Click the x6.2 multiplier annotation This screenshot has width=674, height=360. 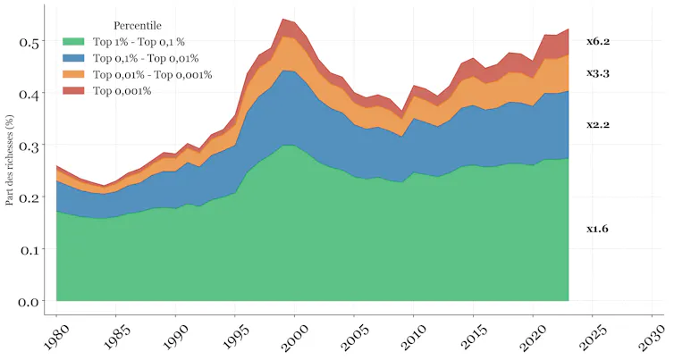598,42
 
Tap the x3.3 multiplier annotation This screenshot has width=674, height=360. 598,73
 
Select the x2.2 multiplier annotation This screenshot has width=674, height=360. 598,125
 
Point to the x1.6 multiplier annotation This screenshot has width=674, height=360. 597,229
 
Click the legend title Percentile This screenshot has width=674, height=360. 138,26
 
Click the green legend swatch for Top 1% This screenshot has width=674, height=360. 73,42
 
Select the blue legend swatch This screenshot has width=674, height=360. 73,58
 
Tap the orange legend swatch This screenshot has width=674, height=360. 73,74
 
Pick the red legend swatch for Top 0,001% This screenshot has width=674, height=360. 73,90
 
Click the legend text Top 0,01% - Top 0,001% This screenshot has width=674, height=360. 153,75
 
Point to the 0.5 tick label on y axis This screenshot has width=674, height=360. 29,42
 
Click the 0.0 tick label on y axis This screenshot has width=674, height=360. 29,302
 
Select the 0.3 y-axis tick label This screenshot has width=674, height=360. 29,147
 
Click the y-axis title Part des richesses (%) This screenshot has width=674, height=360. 10,160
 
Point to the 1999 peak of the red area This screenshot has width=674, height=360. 283,19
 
